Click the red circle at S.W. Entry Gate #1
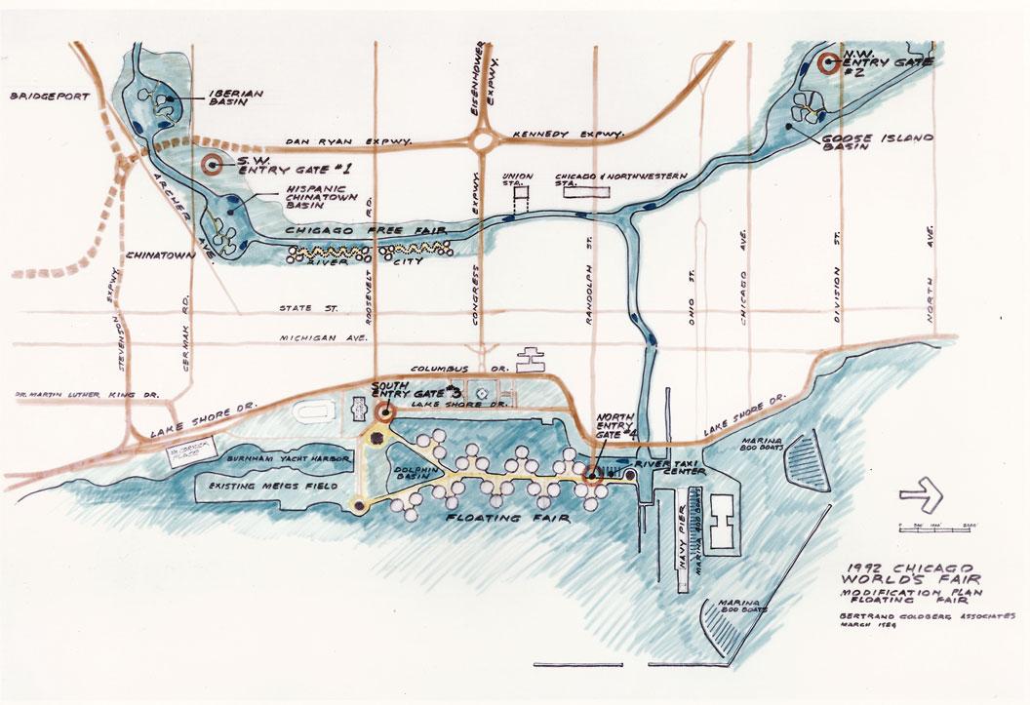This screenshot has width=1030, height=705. point(212,163)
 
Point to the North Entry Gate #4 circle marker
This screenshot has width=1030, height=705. point(592,477)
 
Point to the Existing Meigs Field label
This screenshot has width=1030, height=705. point(270,485)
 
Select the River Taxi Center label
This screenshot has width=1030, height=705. point(668,468)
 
